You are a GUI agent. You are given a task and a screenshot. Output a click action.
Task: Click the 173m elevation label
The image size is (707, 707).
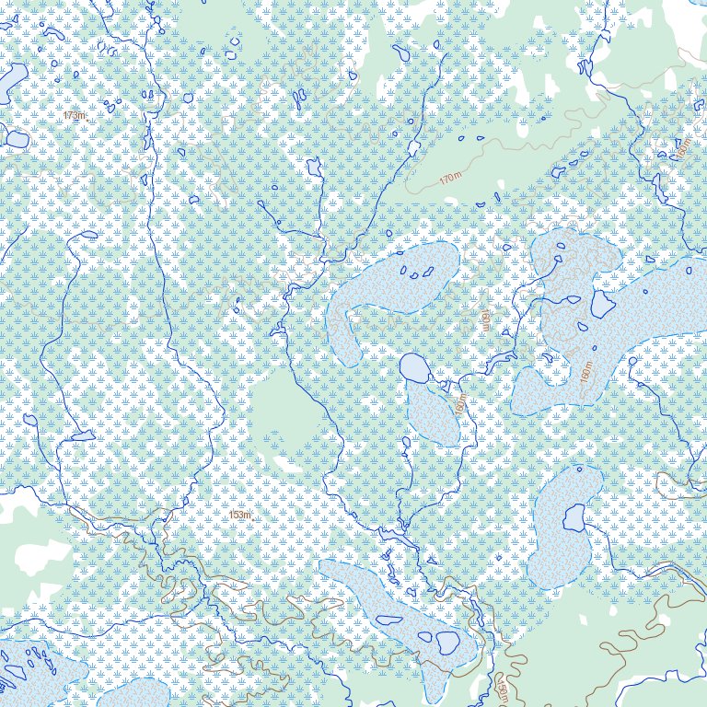74,116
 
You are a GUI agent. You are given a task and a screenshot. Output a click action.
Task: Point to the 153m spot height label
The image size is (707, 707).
239,516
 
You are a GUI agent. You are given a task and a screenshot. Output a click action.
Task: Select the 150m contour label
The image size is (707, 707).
503,688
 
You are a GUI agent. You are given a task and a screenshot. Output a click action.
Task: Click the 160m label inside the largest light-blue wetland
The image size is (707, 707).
586,371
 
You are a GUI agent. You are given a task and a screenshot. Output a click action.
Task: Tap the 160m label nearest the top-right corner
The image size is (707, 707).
683,147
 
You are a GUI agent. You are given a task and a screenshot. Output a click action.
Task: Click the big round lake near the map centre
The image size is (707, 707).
414,368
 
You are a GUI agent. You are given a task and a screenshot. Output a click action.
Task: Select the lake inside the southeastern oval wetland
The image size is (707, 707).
574,518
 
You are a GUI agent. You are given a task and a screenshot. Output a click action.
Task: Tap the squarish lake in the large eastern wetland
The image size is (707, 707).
602,303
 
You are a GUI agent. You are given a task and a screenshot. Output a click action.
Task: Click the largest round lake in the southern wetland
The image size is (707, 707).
448,641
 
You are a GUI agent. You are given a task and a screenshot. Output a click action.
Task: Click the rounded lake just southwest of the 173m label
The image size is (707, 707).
17,139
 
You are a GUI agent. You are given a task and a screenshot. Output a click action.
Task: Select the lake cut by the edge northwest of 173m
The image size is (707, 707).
11,81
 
